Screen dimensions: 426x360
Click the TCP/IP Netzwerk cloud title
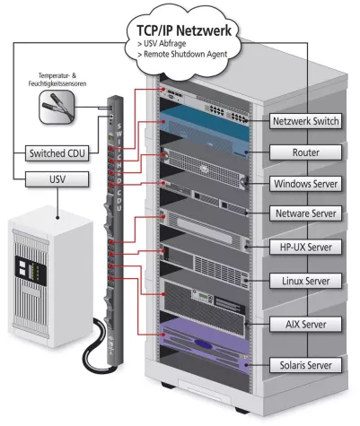pos(184,29)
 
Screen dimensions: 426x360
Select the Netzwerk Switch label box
pos(305,120)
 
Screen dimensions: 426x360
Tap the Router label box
pos(305,153)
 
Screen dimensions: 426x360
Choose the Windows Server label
pos(305,184)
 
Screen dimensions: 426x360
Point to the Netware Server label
pos(305,214)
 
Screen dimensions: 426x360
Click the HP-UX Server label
pos(305,245)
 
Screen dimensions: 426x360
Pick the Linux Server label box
pos(305,282)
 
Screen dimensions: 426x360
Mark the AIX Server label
pos(305,323)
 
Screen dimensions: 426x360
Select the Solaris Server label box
pos(305,366)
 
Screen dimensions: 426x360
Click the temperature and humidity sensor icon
pos(57,109)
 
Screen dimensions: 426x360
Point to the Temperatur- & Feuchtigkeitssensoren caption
pos(57,79)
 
